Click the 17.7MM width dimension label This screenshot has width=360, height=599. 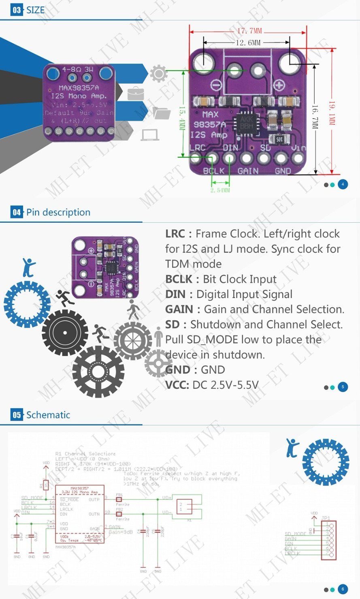click(249, 31)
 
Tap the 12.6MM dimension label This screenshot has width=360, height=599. click(248, 43)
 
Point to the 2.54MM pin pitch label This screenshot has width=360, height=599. click(220, 190)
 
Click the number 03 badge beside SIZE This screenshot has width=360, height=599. click(17, 10)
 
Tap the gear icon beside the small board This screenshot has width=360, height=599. click(158, 74)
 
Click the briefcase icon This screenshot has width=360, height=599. click(136, 94)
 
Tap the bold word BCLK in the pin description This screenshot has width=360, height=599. click(179, 279)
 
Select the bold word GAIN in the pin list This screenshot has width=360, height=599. click(179, 309)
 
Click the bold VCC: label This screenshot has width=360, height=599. click(177, 385)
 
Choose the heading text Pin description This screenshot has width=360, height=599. click(58, 212)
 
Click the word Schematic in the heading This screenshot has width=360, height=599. click(48, 415)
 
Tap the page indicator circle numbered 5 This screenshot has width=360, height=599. click(343, 387)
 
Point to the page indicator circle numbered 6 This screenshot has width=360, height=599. click(343, 589)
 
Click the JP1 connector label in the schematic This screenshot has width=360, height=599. click(325, 518)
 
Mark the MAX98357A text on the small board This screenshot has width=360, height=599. click(79, 87)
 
